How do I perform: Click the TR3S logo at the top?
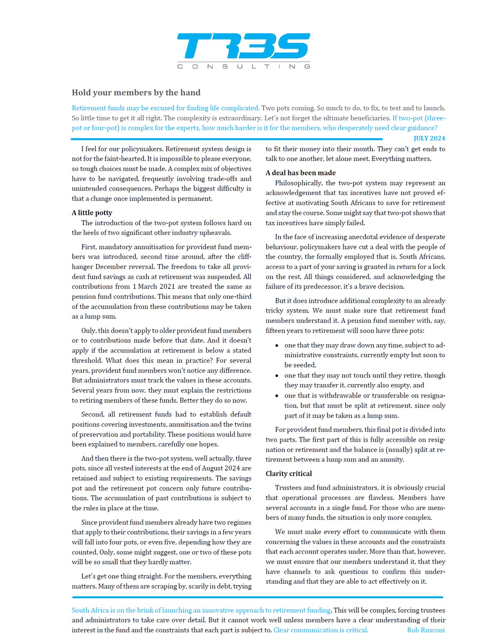click(243, 46)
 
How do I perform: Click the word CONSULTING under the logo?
click(243, 67)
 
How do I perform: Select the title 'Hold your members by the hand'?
click(136, 93)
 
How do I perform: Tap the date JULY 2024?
click(429, 138)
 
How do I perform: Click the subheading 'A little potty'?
click(92, 213)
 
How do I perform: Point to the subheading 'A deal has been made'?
click(300, 173)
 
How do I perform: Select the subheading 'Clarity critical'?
click(289, 473)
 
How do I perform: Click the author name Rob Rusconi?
click(426, 630)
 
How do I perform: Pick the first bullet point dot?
click(277, 346)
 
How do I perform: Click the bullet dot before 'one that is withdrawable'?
click(277, 396)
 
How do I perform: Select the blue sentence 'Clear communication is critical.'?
click(321, 630)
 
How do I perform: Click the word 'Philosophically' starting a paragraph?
click(298, 183)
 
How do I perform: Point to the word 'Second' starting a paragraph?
click(92, 414)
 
